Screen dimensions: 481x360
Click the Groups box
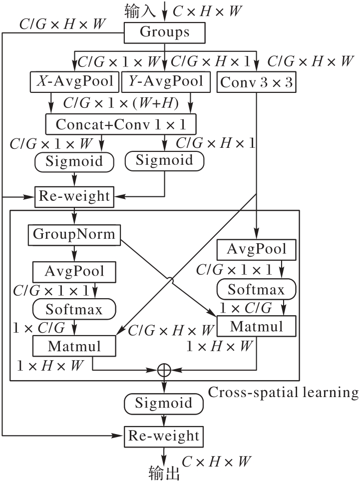[164, 33]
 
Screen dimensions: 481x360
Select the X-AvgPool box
[74, 81]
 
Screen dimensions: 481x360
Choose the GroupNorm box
[74, 234]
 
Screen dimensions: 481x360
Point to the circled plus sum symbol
[164, 370]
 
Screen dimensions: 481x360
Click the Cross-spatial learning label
[283, 392]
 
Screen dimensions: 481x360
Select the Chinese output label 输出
[164, 472]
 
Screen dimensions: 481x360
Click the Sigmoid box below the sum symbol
[164, 403]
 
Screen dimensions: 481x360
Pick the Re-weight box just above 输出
[164, 436]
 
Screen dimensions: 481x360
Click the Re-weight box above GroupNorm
[74, 196]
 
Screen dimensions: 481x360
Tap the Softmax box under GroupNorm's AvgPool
[74, 309]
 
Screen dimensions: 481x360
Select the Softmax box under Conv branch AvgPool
[256, 289]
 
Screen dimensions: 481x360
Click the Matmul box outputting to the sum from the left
[74, 346]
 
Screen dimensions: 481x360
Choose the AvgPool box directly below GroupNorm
[74, 271]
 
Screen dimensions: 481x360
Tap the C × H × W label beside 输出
[216, 461]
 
